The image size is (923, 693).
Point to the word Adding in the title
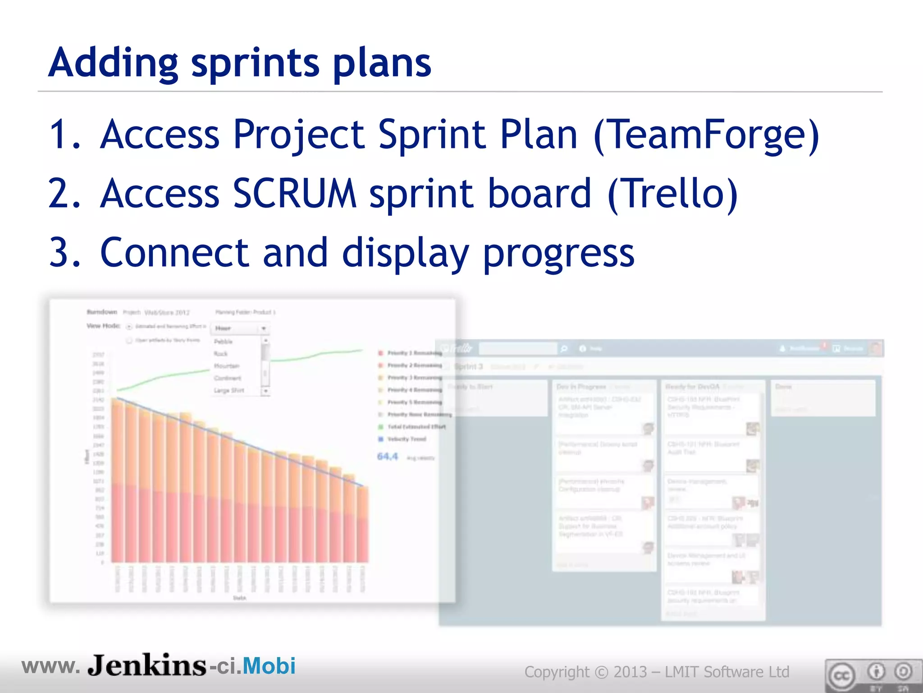tap(113, 63)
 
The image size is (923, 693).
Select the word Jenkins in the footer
tap(146, 665)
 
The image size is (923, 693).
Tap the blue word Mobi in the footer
tap(269, 666)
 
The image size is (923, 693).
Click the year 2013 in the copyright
tap(630, 672)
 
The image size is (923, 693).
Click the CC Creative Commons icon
tap(841, 676)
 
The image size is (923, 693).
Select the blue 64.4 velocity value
tap(387, 457)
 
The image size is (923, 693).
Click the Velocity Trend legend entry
tap(406, 439)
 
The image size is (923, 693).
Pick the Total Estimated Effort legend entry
tap(416, 426)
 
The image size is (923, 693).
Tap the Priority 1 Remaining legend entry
tap(414, 353)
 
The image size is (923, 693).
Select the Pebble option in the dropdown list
tap(223, 342)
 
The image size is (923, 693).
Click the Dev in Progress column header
tap(581, 387)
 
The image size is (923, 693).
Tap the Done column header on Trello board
tap(783, 387)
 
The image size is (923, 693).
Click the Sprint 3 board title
tap(469, 366)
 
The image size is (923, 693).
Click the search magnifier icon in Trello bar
tap(563, 349)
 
